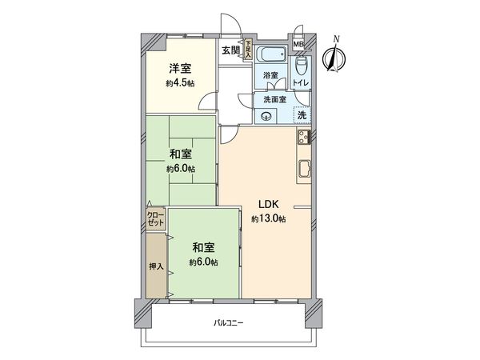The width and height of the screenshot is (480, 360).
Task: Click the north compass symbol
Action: (334, 55)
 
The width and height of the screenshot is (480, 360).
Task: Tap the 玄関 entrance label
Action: (231, 50)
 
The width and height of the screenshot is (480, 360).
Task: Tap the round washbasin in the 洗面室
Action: (267, 115)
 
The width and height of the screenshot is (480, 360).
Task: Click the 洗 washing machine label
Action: (302, 114)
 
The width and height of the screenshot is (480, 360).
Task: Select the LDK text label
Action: (267, 203)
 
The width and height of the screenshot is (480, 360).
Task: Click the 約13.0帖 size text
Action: (268, 218)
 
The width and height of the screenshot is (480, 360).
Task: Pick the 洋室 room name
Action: (179, 70)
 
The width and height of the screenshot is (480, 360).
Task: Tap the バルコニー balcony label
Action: (228, 323)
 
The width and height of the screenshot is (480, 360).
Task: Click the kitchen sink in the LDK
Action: (306, 168)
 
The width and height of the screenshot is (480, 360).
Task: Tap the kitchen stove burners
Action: (304, 138)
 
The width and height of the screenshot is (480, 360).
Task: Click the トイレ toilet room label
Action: (302, 81)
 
